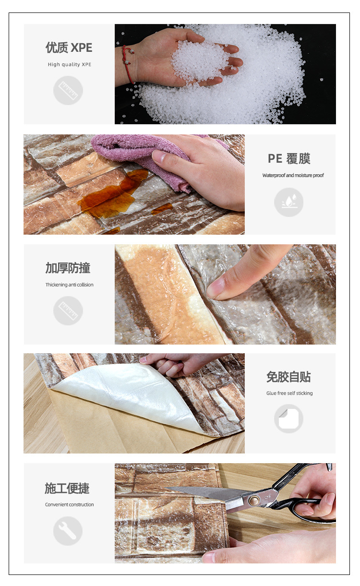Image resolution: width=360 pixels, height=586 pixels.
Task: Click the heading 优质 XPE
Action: pyautogui.click(x=69, y=48)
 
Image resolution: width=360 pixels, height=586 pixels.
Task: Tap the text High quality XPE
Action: pyautogui.click(x=69, y=64)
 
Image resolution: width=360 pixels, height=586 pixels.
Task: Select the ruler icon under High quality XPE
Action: pyautogui.click(x=68, y=90)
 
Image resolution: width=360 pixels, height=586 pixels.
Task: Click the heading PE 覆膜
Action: pyautogui.click(x=289, y=158)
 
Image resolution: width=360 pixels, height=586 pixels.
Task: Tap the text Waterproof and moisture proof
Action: pyautogui.click(x=293, y=175)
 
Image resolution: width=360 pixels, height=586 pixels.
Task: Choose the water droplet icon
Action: pyautogui.click(x=288, y=202)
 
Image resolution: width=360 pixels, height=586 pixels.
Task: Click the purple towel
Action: pyautogui.click(x=139, y=154)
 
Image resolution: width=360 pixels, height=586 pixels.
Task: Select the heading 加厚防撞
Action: pyautogui.click(x=68, y=268)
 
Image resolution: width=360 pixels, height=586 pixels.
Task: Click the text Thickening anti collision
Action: pyautogui.click(x=70, y=285)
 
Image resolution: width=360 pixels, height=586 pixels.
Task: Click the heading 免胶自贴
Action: pyautogui.click(x=288, y=377)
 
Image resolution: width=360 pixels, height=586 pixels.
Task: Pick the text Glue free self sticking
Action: pyautogui.click(x=289, y=393)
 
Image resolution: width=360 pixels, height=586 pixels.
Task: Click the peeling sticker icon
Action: pyautogui.click(x=288, y=419)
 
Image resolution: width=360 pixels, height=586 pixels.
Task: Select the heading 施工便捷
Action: pyautogui.click(x=67, y=489)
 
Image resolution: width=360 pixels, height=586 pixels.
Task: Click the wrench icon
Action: pyautogui.click(x=68, y=530)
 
